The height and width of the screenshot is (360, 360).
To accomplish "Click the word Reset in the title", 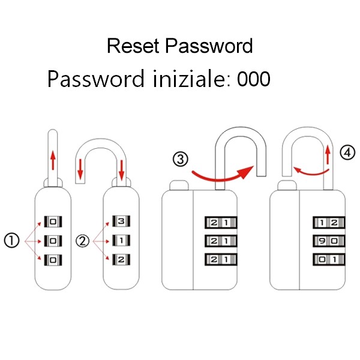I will tap(133, 46).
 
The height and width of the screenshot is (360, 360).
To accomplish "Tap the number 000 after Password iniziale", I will tap(253, 79).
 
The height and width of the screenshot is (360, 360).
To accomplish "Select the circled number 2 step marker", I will tap(83, 241).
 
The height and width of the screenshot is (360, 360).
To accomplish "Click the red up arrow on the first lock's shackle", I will tap(53, 160).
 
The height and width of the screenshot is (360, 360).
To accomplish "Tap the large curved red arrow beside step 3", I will tap(221, 173).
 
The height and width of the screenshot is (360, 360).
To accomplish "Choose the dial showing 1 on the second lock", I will tap(122, 241).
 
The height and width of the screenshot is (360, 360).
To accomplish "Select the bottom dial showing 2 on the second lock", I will tap(122, 260).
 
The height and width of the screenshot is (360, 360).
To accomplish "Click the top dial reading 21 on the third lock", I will tap(218, 223).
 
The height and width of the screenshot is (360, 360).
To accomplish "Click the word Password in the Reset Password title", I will tap(209, 46).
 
